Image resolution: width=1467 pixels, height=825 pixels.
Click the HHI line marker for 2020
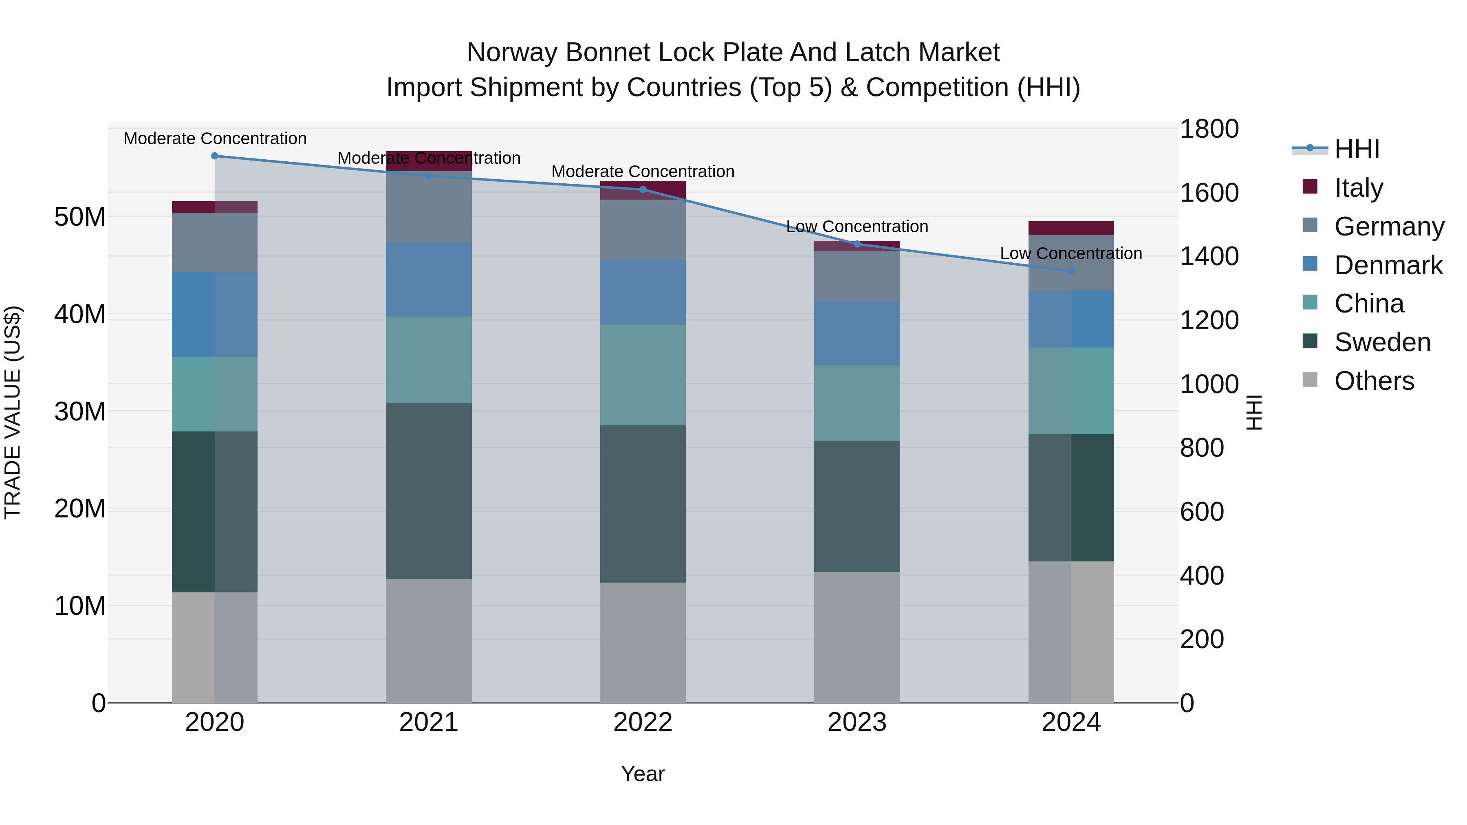click(x=215, y=156)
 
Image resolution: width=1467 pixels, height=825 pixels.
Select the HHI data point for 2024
click(x=1071, y=271)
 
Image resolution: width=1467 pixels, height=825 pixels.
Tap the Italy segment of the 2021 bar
click(x=429, y=161)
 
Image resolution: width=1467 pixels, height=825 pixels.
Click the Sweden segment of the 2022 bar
click(x=643, y=504)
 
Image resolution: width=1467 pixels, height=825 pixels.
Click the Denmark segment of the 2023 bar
click(x=857, y=334)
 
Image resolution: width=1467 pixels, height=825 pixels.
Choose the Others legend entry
click(x=1374, y=381)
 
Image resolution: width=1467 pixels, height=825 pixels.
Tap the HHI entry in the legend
click(x=1357, y=149)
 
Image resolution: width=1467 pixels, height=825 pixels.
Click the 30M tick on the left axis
click(x=80, y=411)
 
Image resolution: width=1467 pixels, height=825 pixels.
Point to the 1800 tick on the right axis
click(x=1209, y=129)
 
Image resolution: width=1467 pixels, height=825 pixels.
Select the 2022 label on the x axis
click(x=643, y=722)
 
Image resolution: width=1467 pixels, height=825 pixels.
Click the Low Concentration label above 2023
click(x=857, y=227)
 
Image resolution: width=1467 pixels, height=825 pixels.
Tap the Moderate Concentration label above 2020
click(x=215, y=139)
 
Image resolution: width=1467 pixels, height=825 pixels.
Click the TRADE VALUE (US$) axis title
click(x=13, y=412)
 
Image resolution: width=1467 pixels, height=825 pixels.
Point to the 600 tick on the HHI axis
click(x=1202, y=512)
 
